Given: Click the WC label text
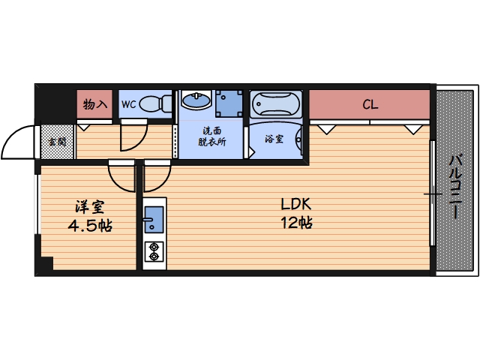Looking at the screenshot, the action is point(128,104).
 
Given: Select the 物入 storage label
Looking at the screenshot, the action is point(95,104).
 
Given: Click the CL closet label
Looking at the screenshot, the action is point(370,105).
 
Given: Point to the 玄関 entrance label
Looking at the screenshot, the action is point(57,142).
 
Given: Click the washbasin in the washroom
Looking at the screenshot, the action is point(196,100).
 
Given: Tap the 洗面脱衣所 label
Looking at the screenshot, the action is point(211,136).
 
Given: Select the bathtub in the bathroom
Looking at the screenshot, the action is point(276,104).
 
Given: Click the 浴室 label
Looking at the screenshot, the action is point(274,139).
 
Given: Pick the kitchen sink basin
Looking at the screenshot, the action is point(154,220).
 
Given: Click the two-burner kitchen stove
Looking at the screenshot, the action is point(154,252).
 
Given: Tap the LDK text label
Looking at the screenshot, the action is point(296,204).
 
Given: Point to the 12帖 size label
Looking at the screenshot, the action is point(296,223).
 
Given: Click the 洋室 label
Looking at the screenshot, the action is point(90,207).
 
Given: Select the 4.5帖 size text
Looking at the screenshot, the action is point(90,226).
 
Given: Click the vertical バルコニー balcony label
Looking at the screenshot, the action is point(455,187).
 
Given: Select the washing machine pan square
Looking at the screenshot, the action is point(229,103).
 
